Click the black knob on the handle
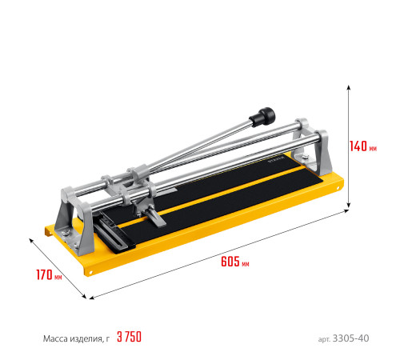(x=262, y=117)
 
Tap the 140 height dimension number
(x=358, y=146)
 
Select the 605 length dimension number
(x=230, y=261)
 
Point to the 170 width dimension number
(x=44, y=274)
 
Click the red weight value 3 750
(x=130, y=337)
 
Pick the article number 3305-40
(x=350, y=338)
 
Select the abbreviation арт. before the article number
(x=324, y=339)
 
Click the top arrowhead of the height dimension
(x=348, y=87)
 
